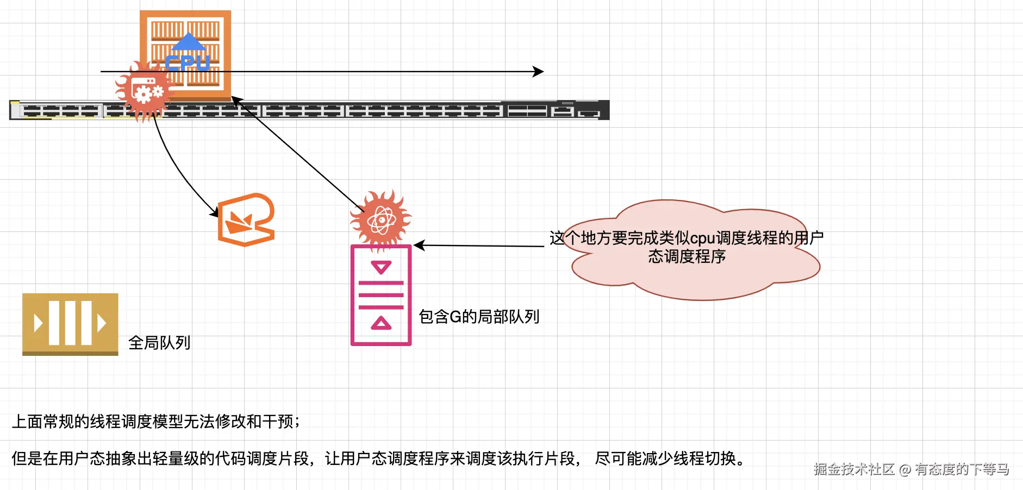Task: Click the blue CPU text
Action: click(x=188, y=63)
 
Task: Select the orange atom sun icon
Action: click(x=381, y=220)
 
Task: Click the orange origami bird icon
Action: click(x=246, y=220)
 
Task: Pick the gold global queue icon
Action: click(x=70, y=324)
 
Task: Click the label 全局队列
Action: click(x=159, y=343)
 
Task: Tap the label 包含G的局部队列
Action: click(x=479, y=316)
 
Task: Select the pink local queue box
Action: click(x=381, y=296)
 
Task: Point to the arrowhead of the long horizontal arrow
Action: click(x=539, y=72)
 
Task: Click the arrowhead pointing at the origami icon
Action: click(x=215, y=213)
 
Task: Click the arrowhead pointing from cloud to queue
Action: click(x=419, y=246)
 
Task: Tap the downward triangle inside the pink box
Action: click(x=381, y=267)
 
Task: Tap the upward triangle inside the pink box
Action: click(x=381, y=324)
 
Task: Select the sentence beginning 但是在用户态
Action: click(x=378, y=458)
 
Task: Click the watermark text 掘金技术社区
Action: click(x=854, y=469)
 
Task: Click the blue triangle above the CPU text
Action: click(x=188, y=41)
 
